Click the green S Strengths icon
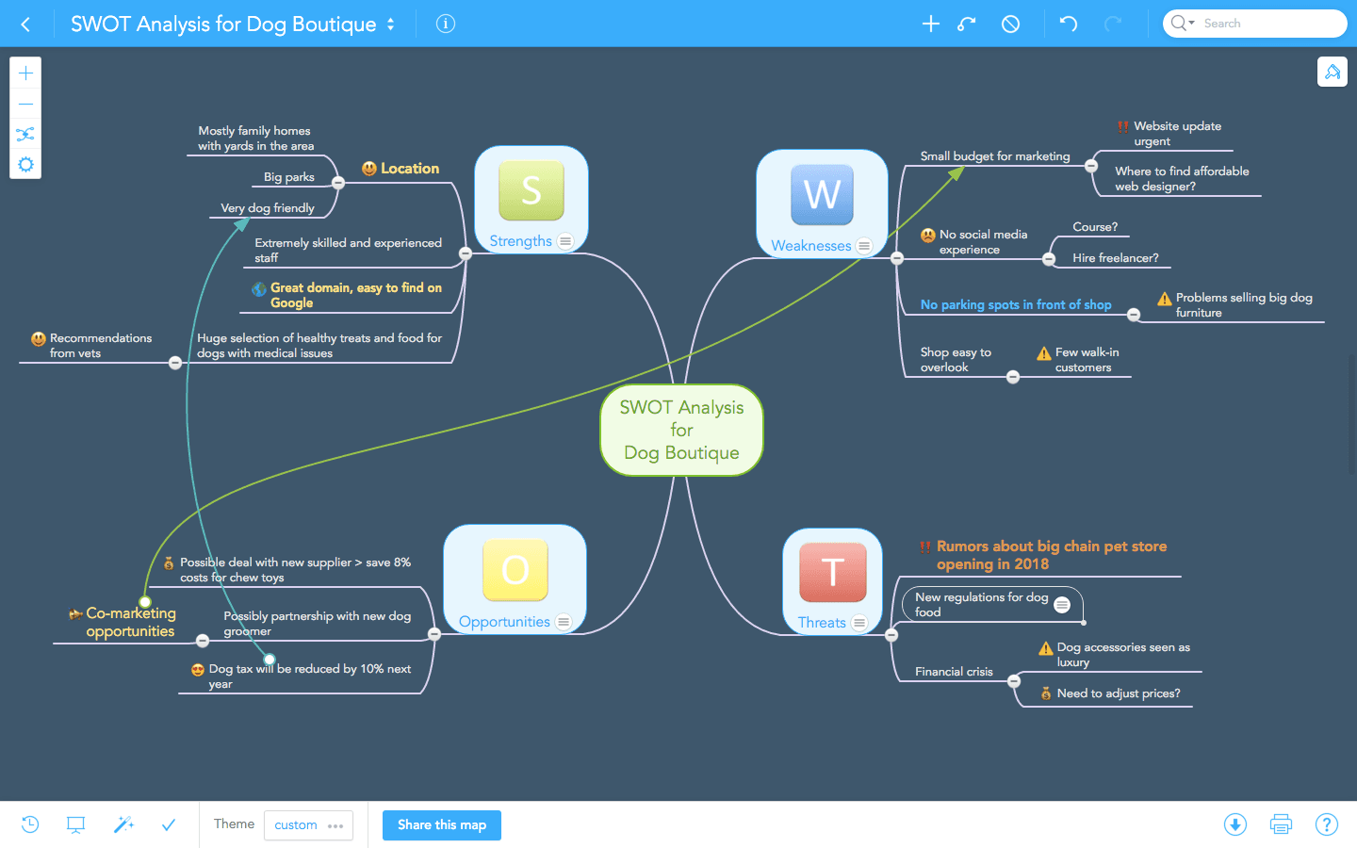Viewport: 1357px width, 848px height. (x=531, y=190)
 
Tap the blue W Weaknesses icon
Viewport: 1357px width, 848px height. (x=822, y=195)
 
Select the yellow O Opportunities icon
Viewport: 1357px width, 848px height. (x=515, y=569)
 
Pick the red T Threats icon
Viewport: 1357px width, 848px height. (x=832, y=572)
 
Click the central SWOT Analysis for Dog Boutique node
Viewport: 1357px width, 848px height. (x=681, y=431)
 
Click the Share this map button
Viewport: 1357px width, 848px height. (x=442, y=825)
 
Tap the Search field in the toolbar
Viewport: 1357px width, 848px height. (x=1267, y=24)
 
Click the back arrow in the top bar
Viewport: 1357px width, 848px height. (x=25, y=24)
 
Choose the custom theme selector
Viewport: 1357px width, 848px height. (x=308, y=825)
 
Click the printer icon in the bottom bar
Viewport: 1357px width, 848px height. (x=1281, y=824)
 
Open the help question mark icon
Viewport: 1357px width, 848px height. (x=1326, y=824)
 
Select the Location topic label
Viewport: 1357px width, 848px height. (x=409, y=169)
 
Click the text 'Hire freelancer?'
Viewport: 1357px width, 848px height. (x=1115, y=258)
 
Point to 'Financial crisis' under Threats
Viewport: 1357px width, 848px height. (x=954, y=672)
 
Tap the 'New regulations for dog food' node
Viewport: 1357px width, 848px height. (x=981, y=605)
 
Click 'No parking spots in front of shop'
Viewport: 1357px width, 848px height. (x=1015, y=305)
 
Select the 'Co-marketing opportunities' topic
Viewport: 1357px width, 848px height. (x=130, y=623)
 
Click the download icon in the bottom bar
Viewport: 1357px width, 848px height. (x=1234, y=824)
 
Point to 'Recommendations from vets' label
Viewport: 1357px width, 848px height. (x=100, y=346)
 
